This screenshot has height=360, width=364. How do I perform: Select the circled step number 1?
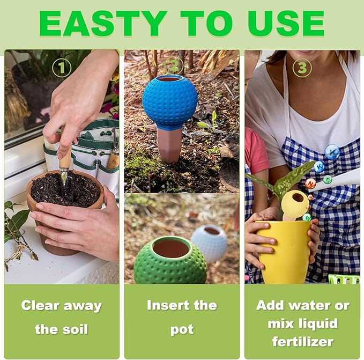[62, 67]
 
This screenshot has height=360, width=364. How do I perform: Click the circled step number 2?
[173, 67]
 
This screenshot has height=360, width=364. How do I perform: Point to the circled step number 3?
[302, 68]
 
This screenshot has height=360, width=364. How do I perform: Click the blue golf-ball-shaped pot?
[169, 102]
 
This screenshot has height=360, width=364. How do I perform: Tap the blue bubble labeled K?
[332, 152]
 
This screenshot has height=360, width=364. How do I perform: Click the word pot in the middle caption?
[182, 328]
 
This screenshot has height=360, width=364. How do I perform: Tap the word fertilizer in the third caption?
[302, 341]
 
